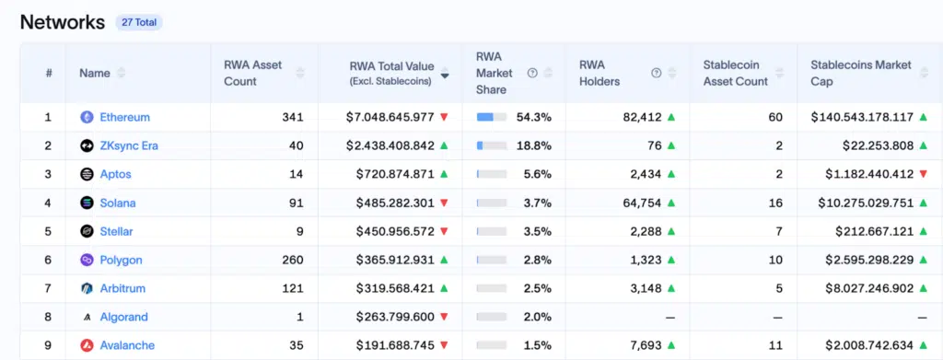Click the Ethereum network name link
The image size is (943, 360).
point(124,117)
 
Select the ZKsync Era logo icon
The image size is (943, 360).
point(87,145)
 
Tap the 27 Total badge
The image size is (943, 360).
point(139,22)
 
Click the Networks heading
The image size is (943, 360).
point(62,22)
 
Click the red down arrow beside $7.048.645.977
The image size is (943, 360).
point(444,117)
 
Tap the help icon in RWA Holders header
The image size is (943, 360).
point(657,73)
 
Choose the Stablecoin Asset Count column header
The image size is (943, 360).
point(735,73)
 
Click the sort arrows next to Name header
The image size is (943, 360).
point(122,73)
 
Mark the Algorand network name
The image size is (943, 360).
point(124,317)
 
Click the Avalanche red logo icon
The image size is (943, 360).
point(87,345)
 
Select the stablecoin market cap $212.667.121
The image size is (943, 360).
point(874,231)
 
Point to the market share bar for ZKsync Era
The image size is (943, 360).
point(492,145)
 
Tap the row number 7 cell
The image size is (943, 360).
point(48,288)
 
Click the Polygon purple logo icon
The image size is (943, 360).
point(87,260)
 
